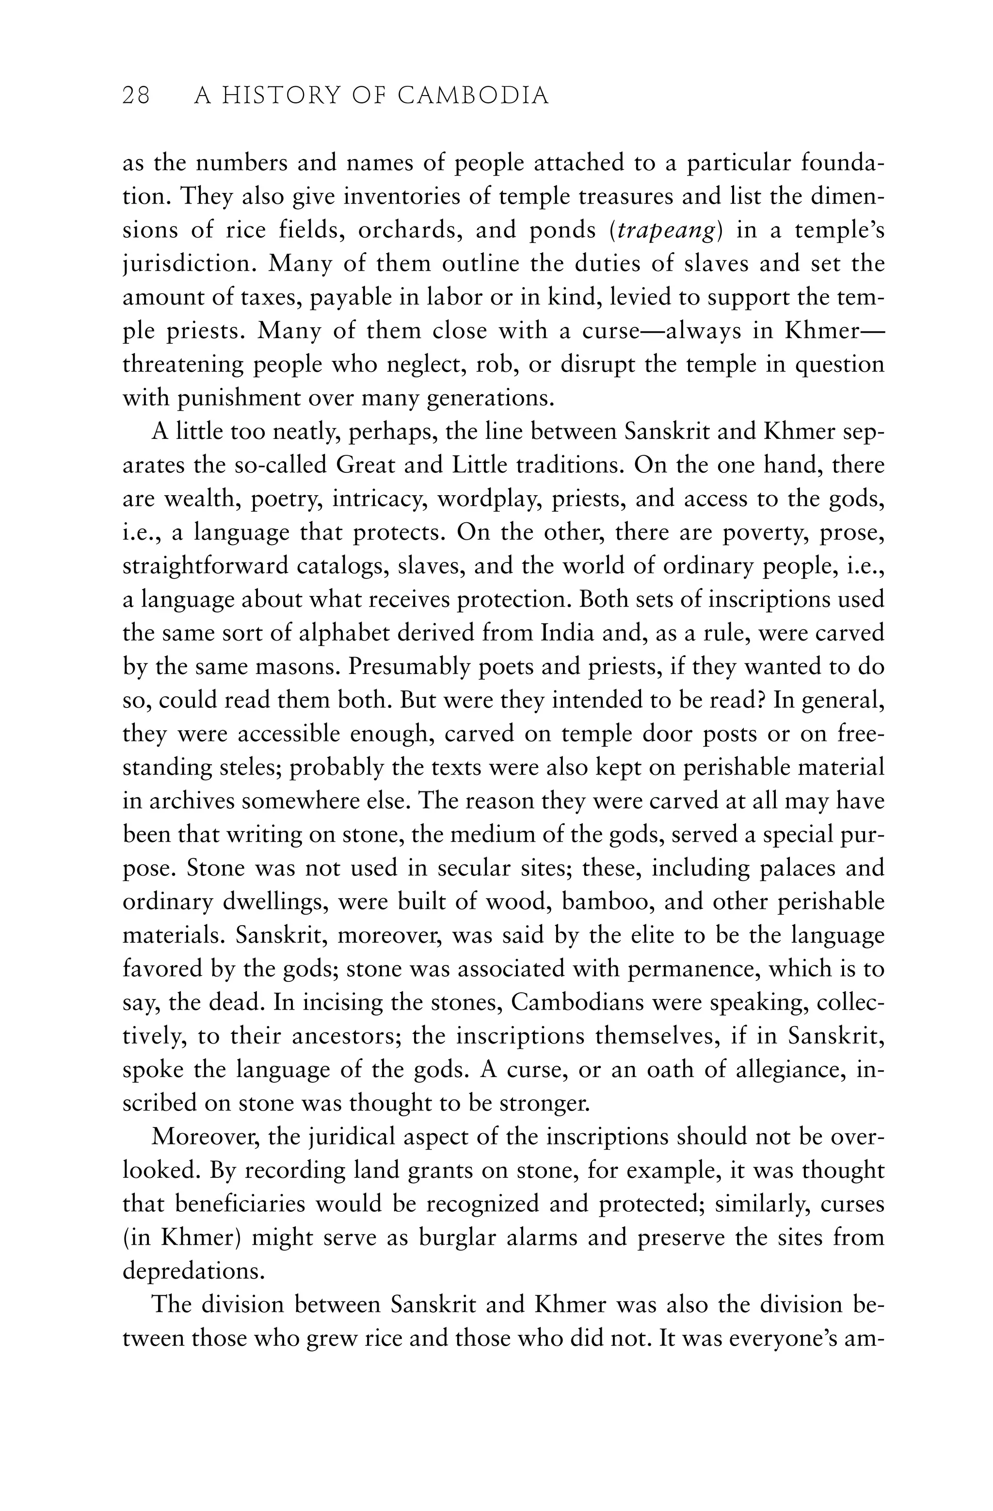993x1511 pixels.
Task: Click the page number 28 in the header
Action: point(136,96)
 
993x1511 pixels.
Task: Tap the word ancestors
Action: point(332,1037)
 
